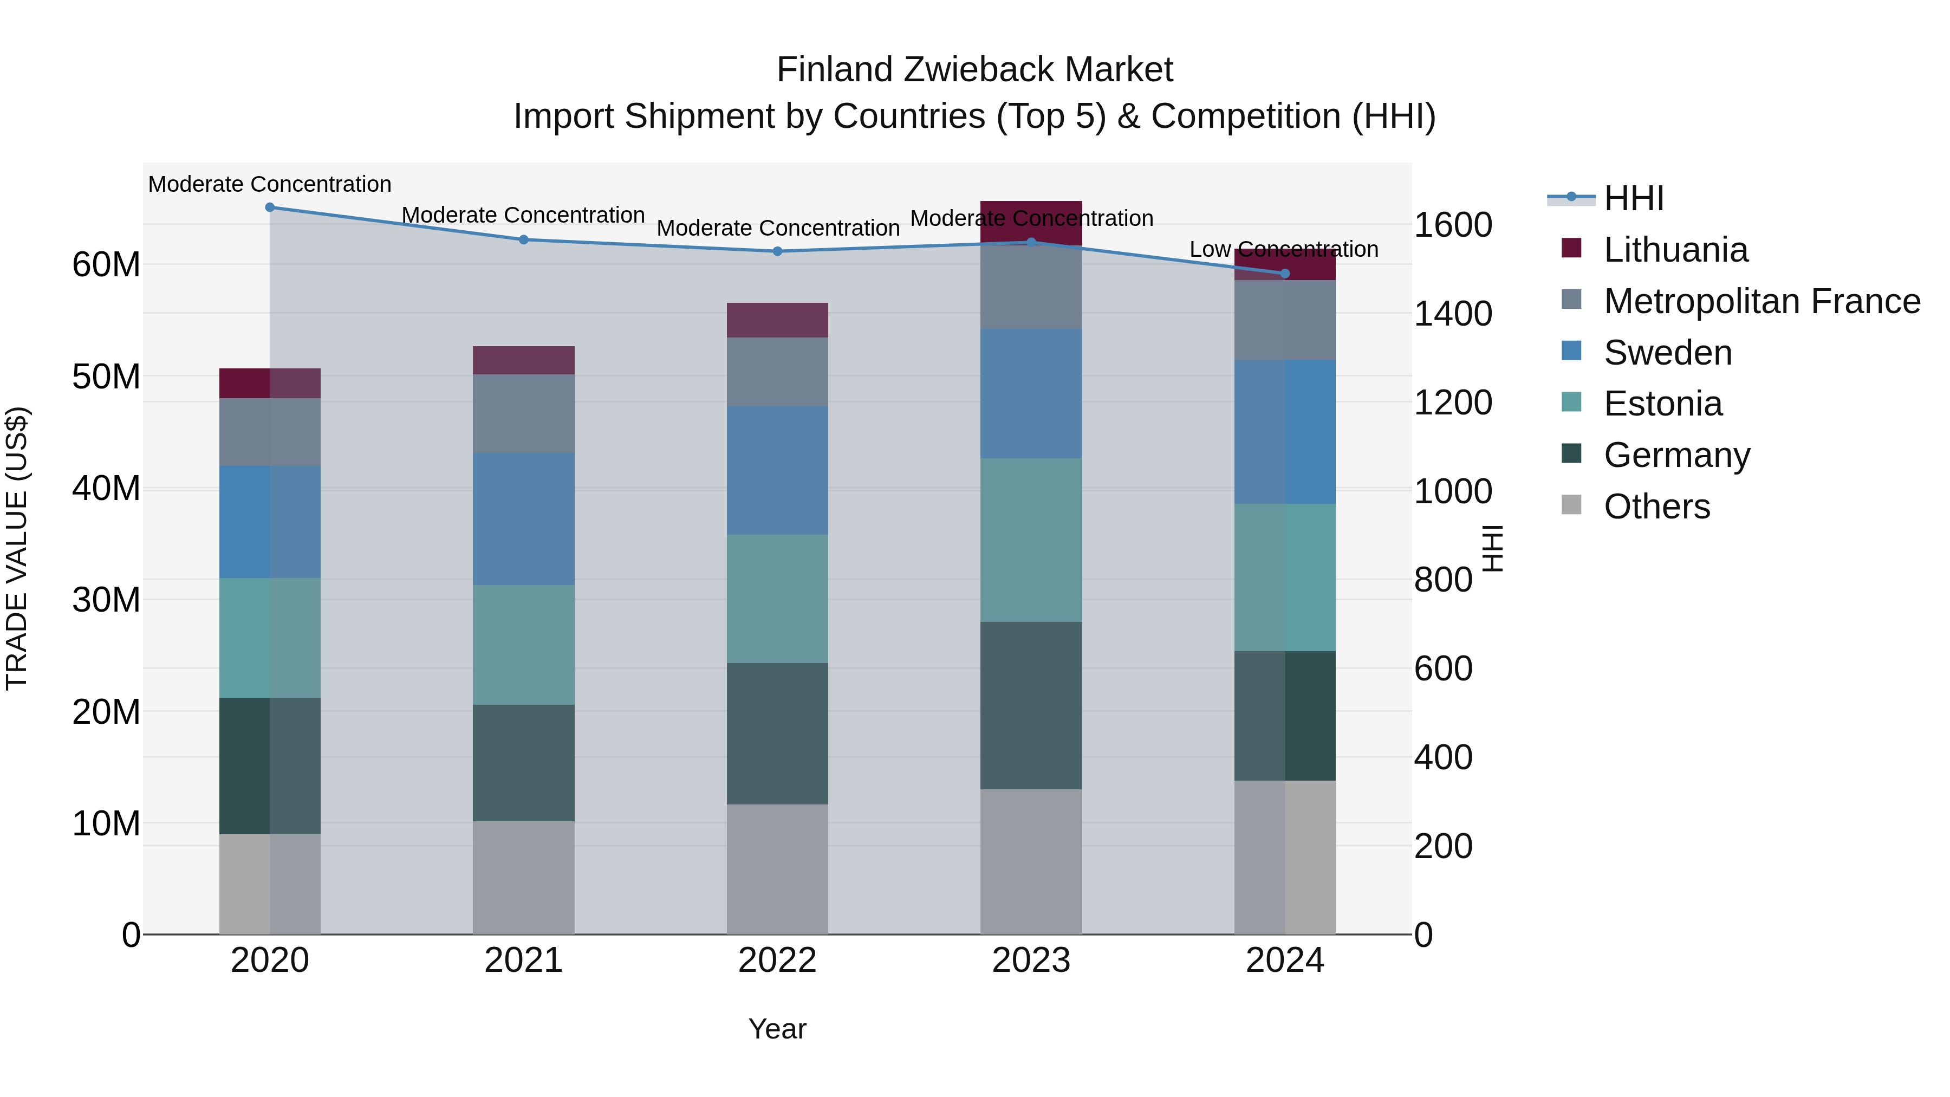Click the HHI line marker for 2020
270,207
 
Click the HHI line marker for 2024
1285,274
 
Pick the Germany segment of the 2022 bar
777,734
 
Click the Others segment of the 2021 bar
523,878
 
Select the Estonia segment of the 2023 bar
1031,540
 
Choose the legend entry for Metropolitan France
1761,301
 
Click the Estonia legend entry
1662,404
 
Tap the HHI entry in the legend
1634,198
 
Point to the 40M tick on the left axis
106,488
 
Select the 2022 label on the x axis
777,960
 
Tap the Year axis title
777,1029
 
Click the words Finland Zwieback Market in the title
974,70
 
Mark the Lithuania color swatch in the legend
1571,248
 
